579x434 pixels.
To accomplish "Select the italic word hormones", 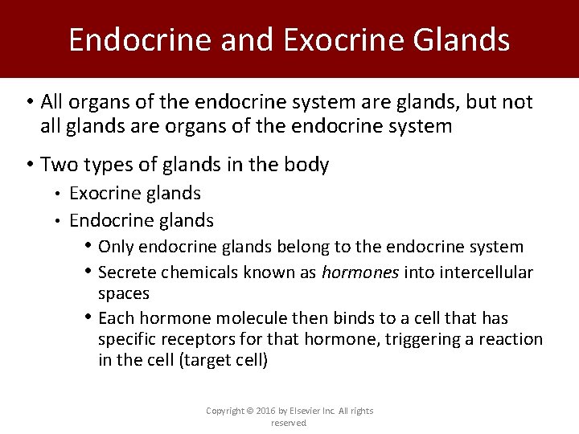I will pyautogui.click(x=360, y=272).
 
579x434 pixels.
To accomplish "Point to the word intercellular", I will pyautogui.click(x=487, y=272).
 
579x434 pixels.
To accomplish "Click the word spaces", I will pyautogui.click(x=124, y=293).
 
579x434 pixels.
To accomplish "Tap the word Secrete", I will pyautogui.click(x=128, y=272).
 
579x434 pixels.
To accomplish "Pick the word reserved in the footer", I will pyautogui.click(x=289, y=423).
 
